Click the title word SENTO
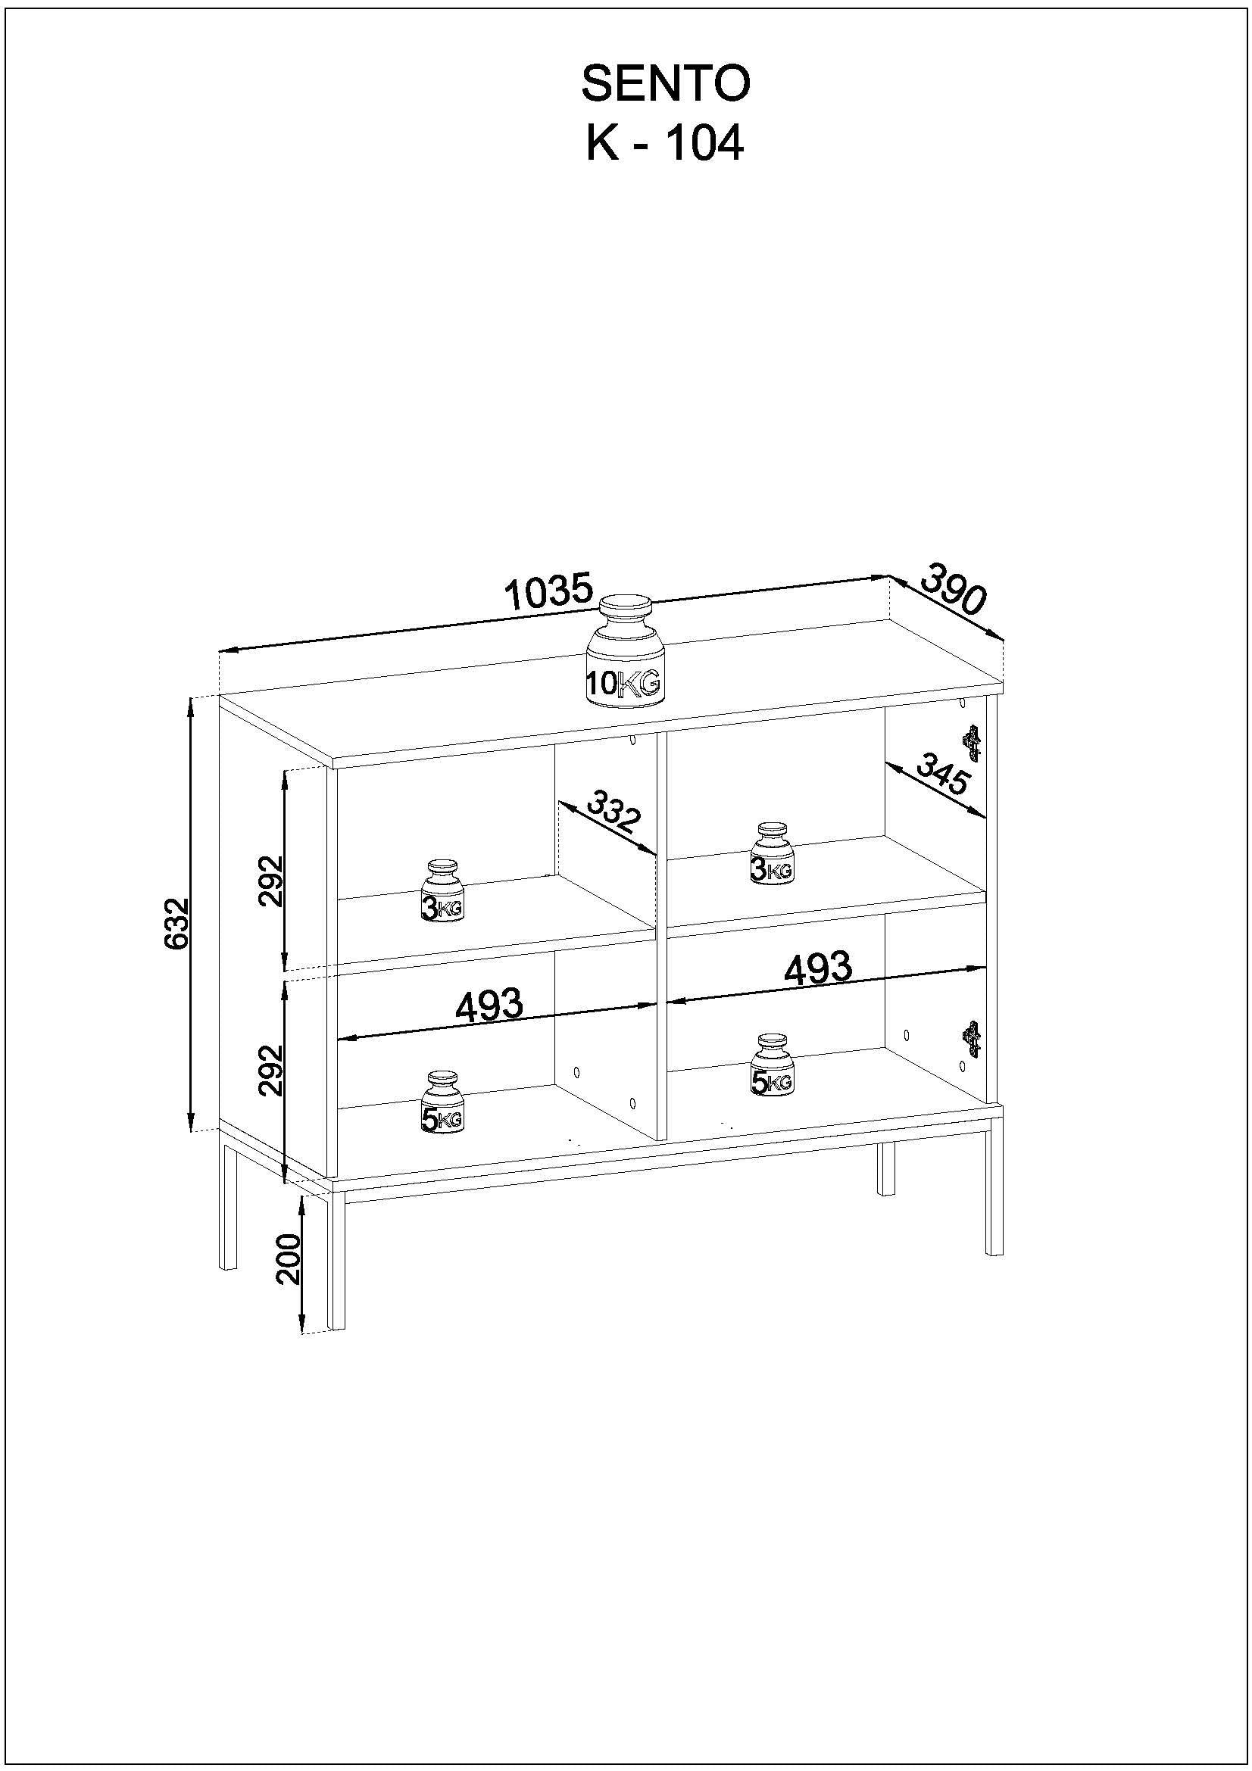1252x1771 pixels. click(x=665, y=83)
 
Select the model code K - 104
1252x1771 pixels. click(x=665, y=143)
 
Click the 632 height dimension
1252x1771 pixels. click(x=177, y=923)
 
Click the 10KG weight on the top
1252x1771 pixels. click(x=623, y=652)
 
